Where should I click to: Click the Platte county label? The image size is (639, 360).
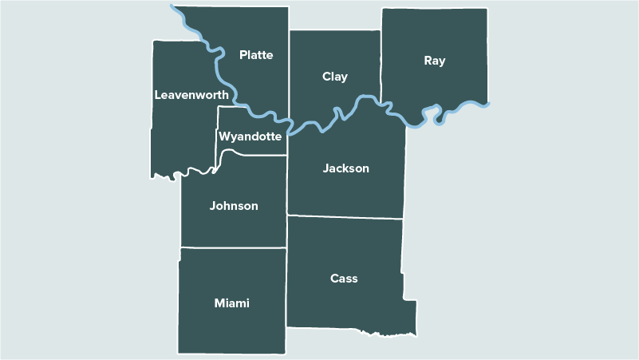point(256,55)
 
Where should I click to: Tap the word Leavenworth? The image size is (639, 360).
point(191,94)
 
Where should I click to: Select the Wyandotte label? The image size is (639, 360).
point(250,136)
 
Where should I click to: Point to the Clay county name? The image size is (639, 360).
point(335,77)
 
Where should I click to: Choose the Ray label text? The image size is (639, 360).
point(435,61)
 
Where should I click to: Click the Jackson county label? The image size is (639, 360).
point(346,168)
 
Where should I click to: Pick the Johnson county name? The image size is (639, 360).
point(234,206)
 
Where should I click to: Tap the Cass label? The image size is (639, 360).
point(344,279)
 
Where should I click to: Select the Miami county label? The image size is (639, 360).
point(232,303)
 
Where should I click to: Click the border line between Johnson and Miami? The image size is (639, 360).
point(233,247)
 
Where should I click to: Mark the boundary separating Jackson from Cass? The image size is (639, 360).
point(345,216)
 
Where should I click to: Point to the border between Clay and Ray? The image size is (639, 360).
point(381,64)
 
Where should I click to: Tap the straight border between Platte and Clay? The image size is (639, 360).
point(289,72)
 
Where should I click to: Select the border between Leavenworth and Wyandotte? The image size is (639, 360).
point(218,132)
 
